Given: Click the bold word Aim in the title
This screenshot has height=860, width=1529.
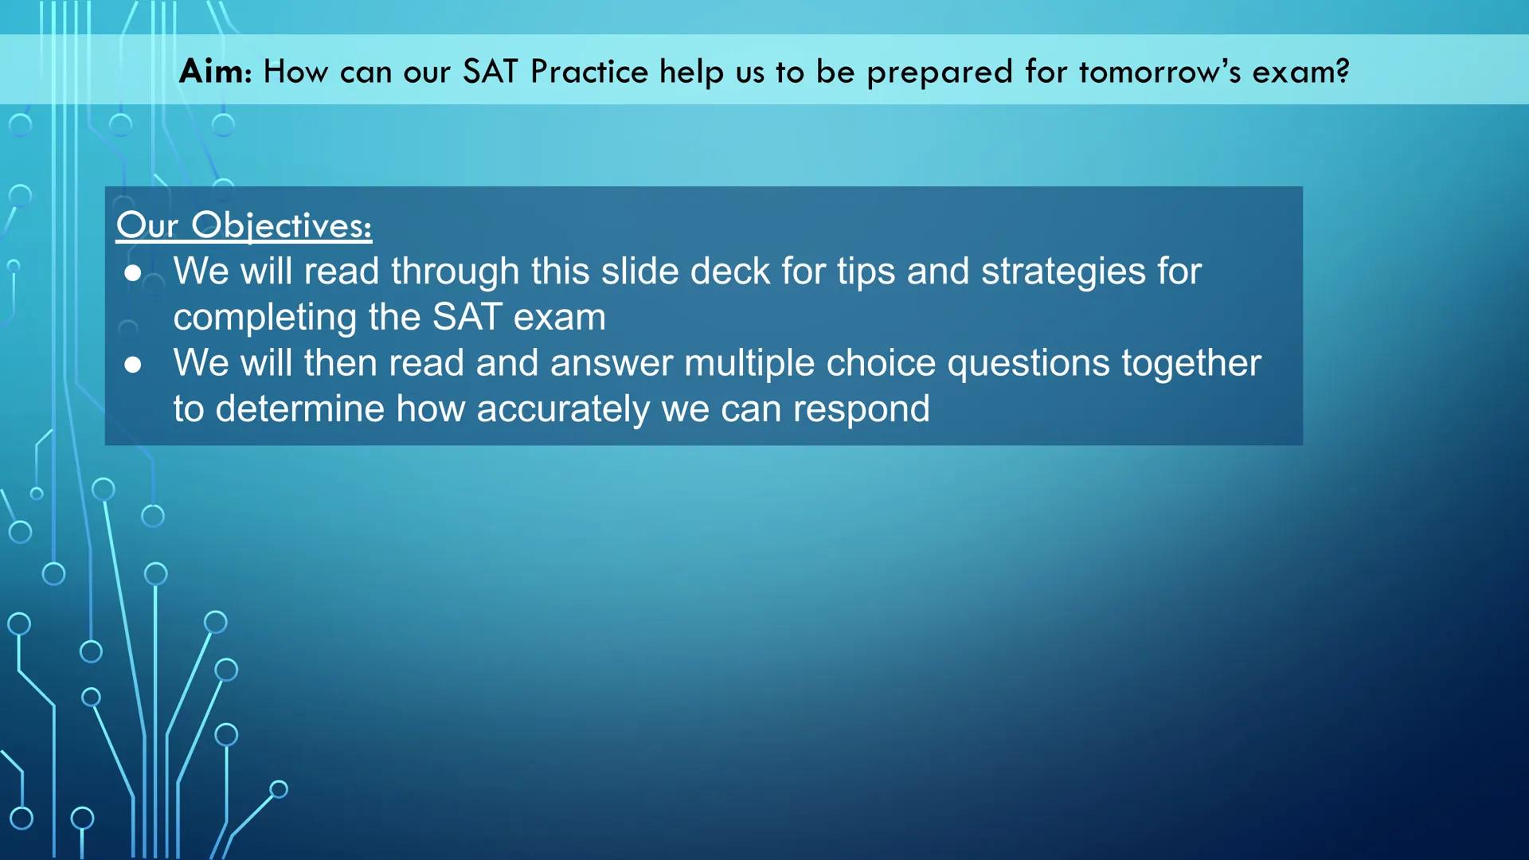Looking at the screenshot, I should (212, 72).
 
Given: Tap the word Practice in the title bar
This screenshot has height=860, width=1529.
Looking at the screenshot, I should (589, 72).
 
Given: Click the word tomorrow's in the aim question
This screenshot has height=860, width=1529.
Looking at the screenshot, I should (1159, 72).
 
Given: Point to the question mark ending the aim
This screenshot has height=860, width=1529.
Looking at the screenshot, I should (1343, 71).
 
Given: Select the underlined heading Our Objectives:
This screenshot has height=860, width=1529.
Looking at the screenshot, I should (244, 225).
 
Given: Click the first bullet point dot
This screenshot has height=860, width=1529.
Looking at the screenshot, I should (133, 274).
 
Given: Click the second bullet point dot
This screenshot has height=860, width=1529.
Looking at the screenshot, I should (133, 365).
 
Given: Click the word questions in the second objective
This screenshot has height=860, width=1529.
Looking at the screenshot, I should (1028, 363).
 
